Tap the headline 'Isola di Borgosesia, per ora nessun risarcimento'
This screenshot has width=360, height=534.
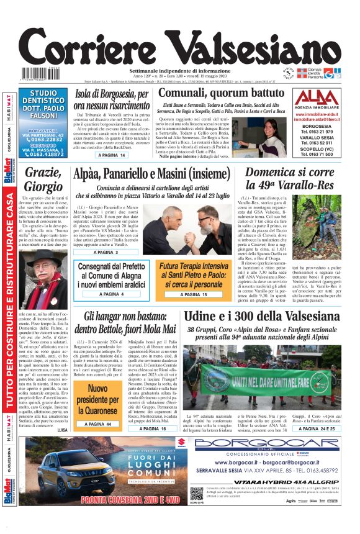point(111,100)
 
